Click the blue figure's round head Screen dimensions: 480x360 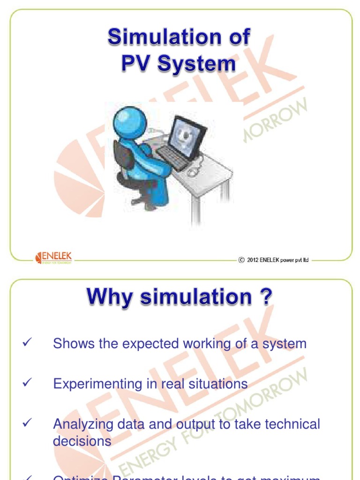(130, 123)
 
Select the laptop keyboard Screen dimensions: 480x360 (172, 157)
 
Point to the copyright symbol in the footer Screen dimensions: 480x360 (241, 260)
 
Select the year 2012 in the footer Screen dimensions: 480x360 (253, 260)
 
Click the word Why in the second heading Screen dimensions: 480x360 (107, 297)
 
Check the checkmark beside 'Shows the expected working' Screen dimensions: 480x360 (27, 343)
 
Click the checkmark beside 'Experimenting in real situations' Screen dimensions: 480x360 (27, 383)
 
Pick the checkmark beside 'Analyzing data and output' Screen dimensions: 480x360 (27, 423)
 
